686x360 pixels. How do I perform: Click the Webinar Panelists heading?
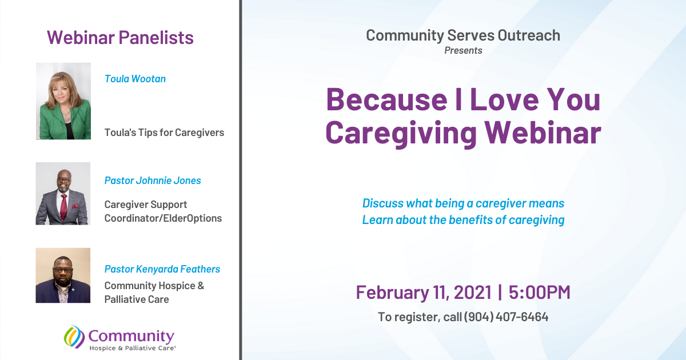point(120,38)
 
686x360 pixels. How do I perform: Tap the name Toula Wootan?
point(135,79)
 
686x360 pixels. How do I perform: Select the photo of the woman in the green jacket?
point(63,101)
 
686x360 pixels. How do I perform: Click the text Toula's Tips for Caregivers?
point(164,133)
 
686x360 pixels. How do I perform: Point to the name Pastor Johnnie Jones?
point(153,181)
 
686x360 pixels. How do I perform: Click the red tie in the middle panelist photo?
point(63,207)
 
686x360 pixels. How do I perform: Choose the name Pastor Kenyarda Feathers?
point(162,269)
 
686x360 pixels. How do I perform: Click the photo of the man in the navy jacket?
point(63,275)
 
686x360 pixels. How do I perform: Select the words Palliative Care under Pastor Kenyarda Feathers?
point(137,299)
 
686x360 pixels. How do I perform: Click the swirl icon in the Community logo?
point(74,337)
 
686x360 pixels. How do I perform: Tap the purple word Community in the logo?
point(131,337)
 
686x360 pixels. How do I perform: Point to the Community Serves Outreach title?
point(463,35)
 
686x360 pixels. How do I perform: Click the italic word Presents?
point(464,50)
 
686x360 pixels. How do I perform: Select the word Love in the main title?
point(504,99)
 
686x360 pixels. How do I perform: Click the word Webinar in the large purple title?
point(543,133)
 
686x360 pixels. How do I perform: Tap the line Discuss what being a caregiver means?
point(463,203)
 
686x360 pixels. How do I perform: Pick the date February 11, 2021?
point(424,293)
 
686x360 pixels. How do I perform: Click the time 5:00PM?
point(540,292)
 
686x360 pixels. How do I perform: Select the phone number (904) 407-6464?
point(506,317)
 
